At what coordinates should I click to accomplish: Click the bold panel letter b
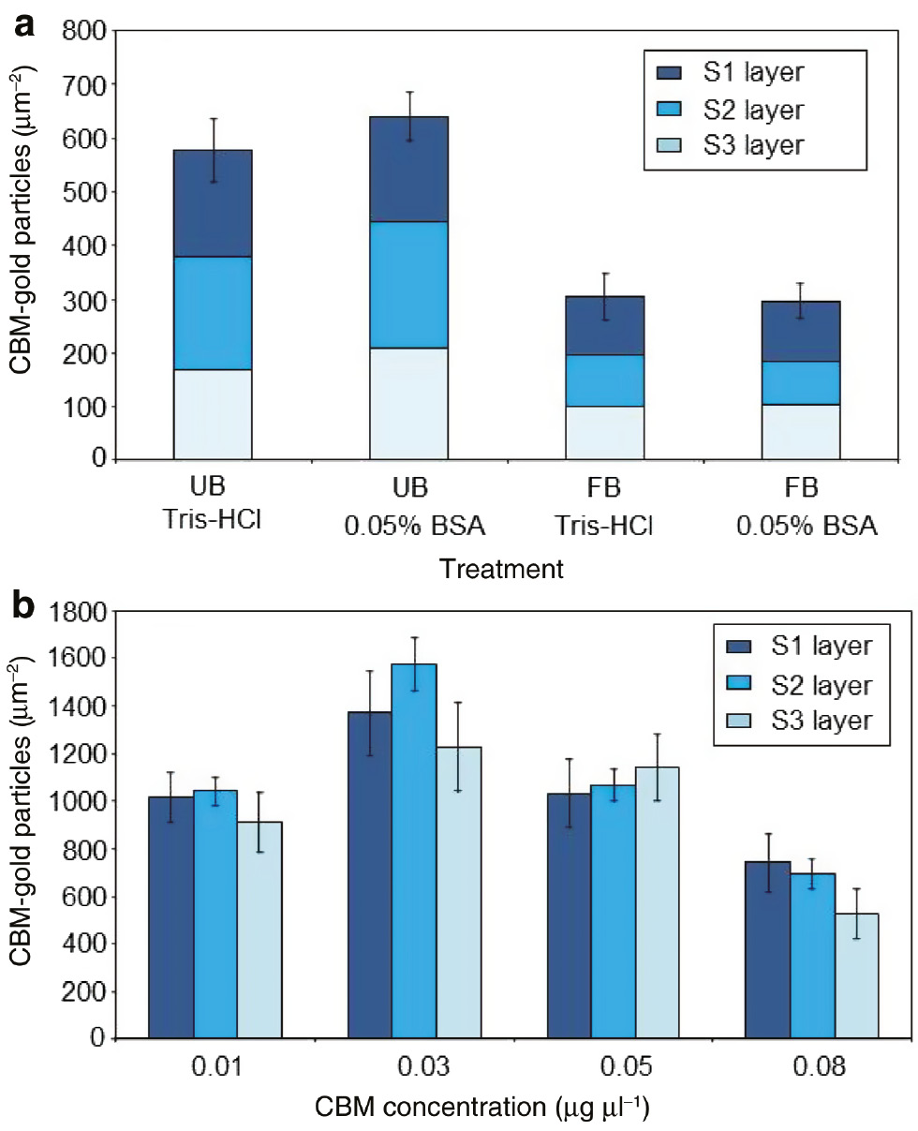(x=23, y=610)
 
